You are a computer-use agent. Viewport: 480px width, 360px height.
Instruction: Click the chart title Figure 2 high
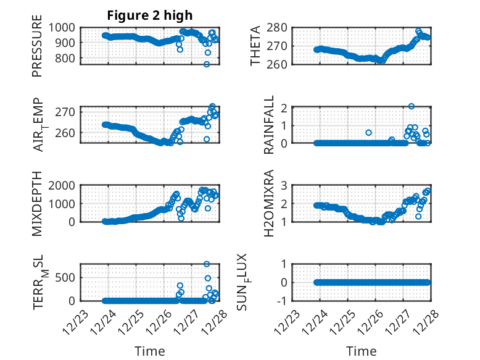click(x=150, y=14)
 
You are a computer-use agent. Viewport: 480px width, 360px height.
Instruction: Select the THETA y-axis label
click(x=255, y=45)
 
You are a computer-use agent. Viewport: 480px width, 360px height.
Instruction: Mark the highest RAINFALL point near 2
click(x=412, y=106)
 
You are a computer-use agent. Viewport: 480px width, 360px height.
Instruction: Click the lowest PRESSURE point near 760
click(x=207, y=64)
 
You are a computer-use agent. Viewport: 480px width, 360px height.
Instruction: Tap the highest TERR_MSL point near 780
click(x=207, y=264)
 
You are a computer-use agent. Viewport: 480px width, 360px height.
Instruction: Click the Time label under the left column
click(x=150, y=351)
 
